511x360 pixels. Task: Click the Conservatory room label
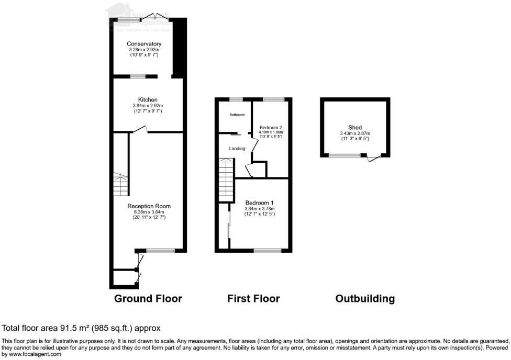[144, 43]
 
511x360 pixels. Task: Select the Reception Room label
[149, 206]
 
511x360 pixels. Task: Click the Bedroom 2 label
[271, 127]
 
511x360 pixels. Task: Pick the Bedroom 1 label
[259, 203]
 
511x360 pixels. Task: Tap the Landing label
[237, 149]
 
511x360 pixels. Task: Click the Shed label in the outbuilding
[355, 127]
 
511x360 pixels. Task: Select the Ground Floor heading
[148, 299]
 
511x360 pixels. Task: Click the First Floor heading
[253, 299]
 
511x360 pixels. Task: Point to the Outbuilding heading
[365, 299]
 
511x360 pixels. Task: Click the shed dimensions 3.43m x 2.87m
[355, 134]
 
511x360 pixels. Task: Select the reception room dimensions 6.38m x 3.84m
[149, 212]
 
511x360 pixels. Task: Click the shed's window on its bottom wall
[345, 155]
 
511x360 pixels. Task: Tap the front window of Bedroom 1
[267, 251]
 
